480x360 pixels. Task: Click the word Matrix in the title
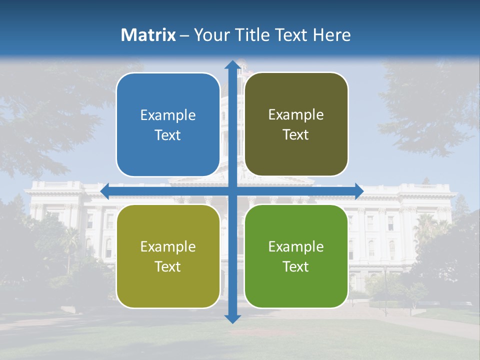coord(148,35)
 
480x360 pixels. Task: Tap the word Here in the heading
coord(331,35)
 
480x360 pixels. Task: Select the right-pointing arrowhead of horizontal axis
coord(358,191)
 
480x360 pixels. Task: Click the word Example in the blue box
coord(168,115)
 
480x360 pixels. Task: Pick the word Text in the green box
coord(296,266)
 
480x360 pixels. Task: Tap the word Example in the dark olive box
coord(296,115)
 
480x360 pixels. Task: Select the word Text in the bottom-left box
coord(168,266)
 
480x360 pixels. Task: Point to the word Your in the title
coord(209,35)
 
